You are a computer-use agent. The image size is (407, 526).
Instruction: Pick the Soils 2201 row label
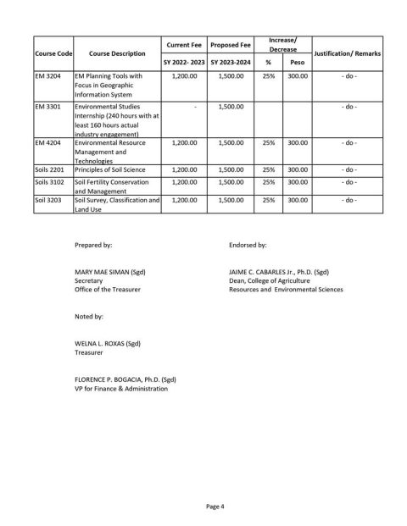point(49,169)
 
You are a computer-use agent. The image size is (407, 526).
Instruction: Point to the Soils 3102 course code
point(49,181)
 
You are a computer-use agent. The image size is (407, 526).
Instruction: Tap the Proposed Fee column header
point(231,44)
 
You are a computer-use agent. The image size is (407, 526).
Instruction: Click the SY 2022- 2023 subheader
point(184,63)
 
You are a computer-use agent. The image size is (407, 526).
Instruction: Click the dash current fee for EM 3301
point(184,107)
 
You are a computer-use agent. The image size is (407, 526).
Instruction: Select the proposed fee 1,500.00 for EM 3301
point(231,107)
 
